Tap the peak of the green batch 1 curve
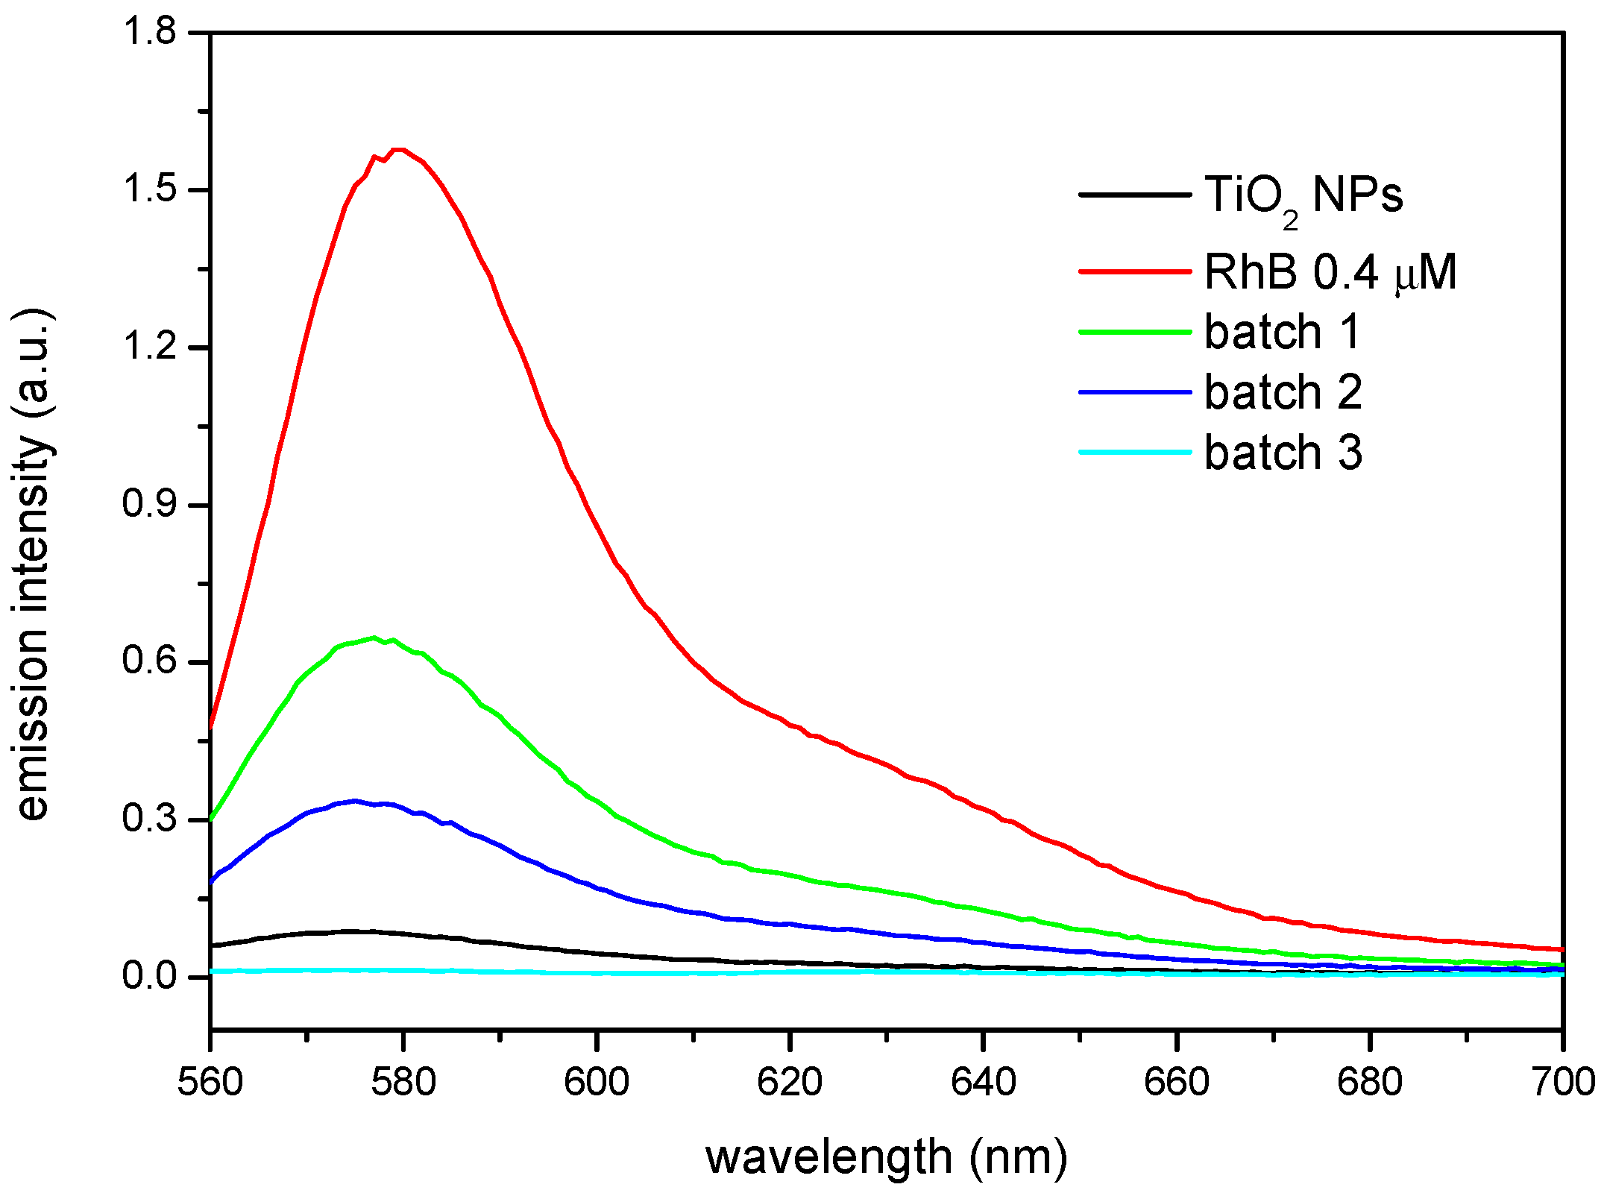(374, 638)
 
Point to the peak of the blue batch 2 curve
(355, 801)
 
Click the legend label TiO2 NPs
(1303, 196)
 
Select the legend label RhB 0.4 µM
(1330, 272)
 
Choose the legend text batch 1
(1283, 332)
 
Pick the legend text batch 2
(1283, 392)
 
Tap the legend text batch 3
(1283, 453)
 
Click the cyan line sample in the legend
(1135, 452)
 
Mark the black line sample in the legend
(1135, 195)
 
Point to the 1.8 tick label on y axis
(149, 33)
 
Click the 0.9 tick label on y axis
(149, 505)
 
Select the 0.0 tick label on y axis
(149, 977)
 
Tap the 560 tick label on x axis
(210, 1083)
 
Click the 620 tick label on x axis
(790, 1083)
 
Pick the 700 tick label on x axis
(1563, 1083)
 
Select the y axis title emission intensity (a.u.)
(34, 564)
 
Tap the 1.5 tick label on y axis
(149, 190)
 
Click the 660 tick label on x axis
(1177, 1083)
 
